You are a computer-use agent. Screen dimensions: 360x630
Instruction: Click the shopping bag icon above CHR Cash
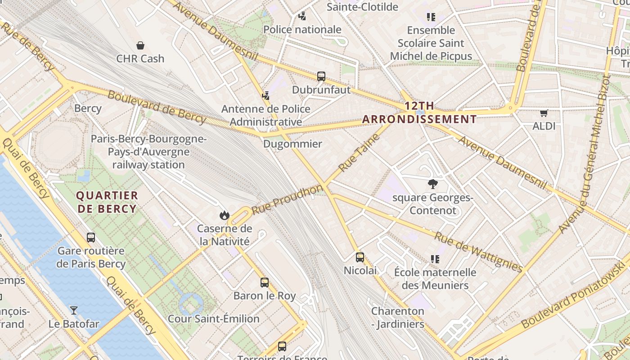point(140,45)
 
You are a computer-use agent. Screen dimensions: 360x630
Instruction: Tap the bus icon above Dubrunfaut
point(321,76)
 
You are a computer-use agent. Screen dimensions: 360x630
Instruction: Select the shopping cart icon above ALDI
point(544,113)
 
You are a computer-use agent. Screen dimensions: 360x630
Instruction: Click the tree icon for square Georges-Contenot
point(433,184)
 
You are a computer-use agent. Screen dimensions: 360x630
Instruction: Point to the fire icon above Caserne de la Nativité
point(224,216)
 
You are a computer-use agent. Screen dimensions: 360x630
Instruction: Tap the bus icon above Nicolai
point(360,257)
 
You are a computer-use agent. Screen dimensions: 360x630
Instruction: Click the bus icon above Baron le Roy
point(265,283)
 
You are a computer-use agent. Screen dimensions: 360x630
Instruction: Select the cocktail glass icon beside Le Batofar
point(73,310)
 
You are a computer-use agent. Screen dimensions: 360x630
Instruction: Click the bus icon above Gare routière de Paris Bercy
point(91,238)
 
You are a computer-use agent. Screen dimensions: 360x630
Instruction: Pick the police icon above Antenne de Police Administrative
point(265,95)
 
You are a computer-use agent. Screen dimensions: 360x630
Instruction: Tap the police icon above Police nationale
point(302,16)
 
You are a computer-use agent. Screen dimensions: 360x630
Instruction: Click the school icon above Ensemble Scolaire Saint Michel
point(431,17)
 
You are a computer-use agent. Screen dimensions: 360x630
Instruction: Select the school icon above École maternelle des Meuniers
point(435,259)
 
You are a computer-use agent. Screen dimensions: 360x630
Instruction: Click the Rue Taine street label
point(359,152)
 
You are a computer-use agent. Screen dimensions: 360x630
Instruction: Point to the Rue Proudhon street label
point(287,199)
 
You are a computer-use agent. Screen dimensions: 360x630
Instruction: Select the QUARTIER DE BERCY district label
point(107,202)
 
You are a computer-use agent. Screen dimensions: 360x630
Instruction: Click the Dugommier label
point(292,144)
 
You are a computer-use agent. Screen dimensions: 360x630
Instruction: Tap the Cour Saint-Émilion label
point(213,319)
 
